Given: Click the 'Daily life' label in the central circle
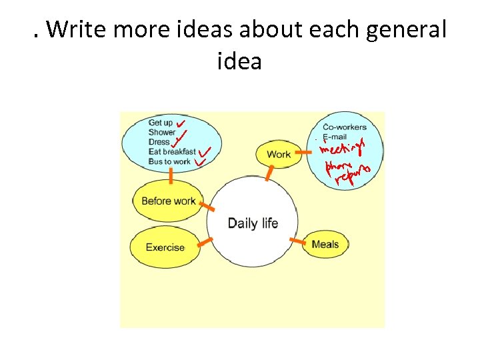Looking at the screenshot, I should click(253, 223).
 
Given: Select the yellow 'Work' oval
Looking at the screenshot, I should click(278, 154).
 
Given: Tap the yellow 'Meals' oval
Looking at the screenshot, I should click(325, 244).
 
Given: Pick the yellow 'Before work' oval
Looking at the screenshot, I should click(168, 201).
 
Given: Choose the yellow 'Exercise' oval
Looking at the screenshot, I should click(165, 247).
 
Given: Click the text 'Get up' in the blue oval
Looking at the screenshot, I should click(161, 123).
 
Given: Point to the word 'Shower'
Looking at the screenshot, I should click(162, 132).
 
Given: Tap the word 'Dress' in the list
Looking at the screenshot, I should click(159, 142).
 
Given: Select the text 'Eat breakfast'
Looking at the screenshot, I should click(172, 152).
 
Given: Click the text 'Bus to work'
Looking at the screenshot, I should click(169, 161).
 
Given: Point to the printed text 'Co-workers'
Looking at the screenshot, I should click(345, 127).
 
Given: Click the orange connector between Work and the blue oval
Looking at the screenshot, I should click(303, 153).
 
